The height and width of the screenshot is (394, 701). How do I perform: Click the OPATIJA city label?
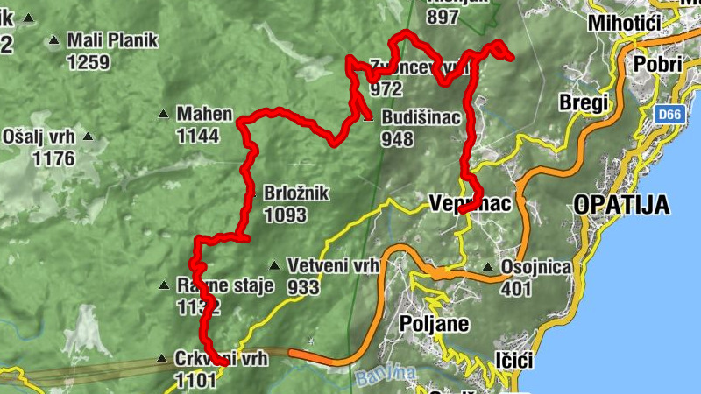click(x=622, y=205)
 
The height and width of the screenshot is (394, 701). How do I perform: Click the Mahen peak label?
click(x=204, y=114)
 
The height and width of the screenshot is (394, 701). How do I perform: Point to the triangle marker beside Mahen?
click(x=163, y=114)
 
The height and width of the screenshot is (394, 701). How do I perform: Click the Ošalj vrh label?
click(x=39, y=137)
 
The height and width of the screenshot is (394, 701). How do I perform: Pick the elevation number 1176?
click(x=53, y=158)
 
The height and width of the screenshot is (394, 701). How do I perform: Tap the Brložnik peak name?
click(x=296, y=193)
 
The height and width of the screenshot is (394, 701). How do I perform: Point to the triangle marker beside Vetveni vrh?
click(x=274, y=265)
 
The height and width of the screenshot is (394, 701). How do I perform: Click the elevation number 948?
click(x=397, y=138)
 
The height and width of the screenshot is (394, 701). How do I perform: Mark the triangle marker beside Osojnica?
click(x=488, y=266)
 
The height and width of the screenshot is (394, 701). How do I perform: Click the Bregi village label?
click(x=583, y=103)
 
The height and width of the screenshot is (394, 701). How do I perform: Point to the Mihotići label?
click(x=623, y=23)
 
